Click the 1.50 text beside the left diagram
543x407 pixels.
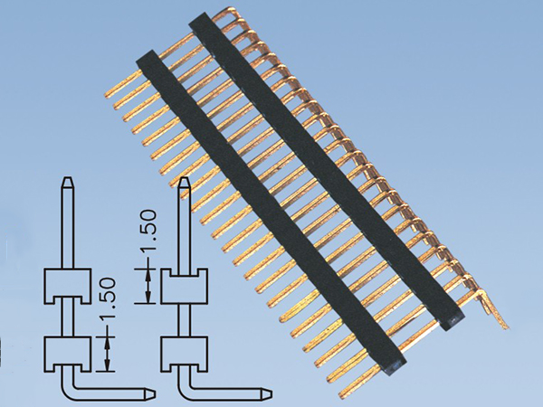[108, 299]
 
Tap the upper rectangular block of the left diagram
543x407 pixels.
[68, 287]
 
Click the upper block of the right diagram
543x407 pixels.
[184, 287]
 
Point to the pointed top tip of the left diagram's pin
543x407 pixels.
[68, 178]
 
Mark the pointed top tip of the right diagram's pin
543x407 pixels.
[185, 178]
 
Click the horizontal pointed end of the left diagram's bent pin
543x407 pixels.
[155, 393]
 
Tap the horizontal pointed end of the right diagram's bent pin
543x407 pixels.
[271, 393]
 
